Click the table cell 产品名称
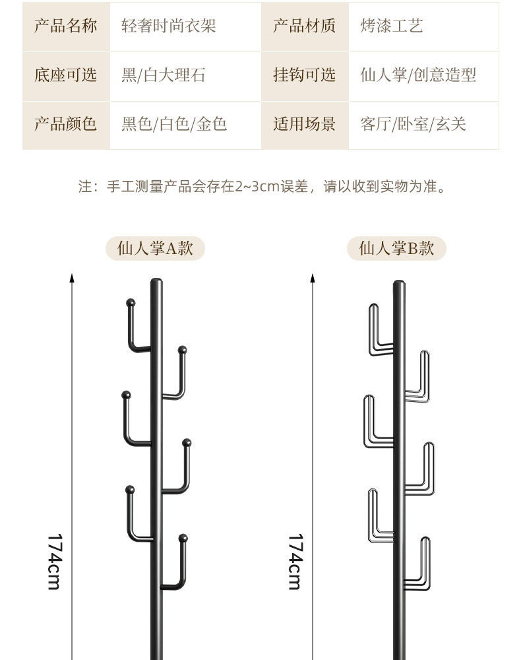coord(65,26)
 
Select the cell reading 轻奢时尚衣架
coord(169,26)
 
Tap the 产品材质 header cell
coord(304,26)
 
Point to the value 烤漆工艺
coord(392,26)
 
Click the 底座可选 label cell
coord(65,75)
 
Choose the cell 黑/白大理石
coord(164,75)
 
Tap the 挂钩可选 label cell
coord(304,75)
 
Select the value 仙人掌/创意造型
coord(418,75)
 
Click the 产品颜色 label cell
coord(65,124)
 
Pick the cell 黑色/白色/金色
coord(174,124)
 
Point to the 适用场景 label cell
coord(304,124)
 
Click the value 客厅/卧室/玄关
coord(413,124)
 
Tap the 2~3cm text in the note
coord(257,187)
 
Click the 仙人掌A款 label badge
coord(155,249)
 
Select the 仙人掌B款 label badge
coord(396,249)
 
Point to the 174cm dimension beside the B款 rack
coord(295,561)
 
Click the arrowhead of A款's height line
coord(72,279)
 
